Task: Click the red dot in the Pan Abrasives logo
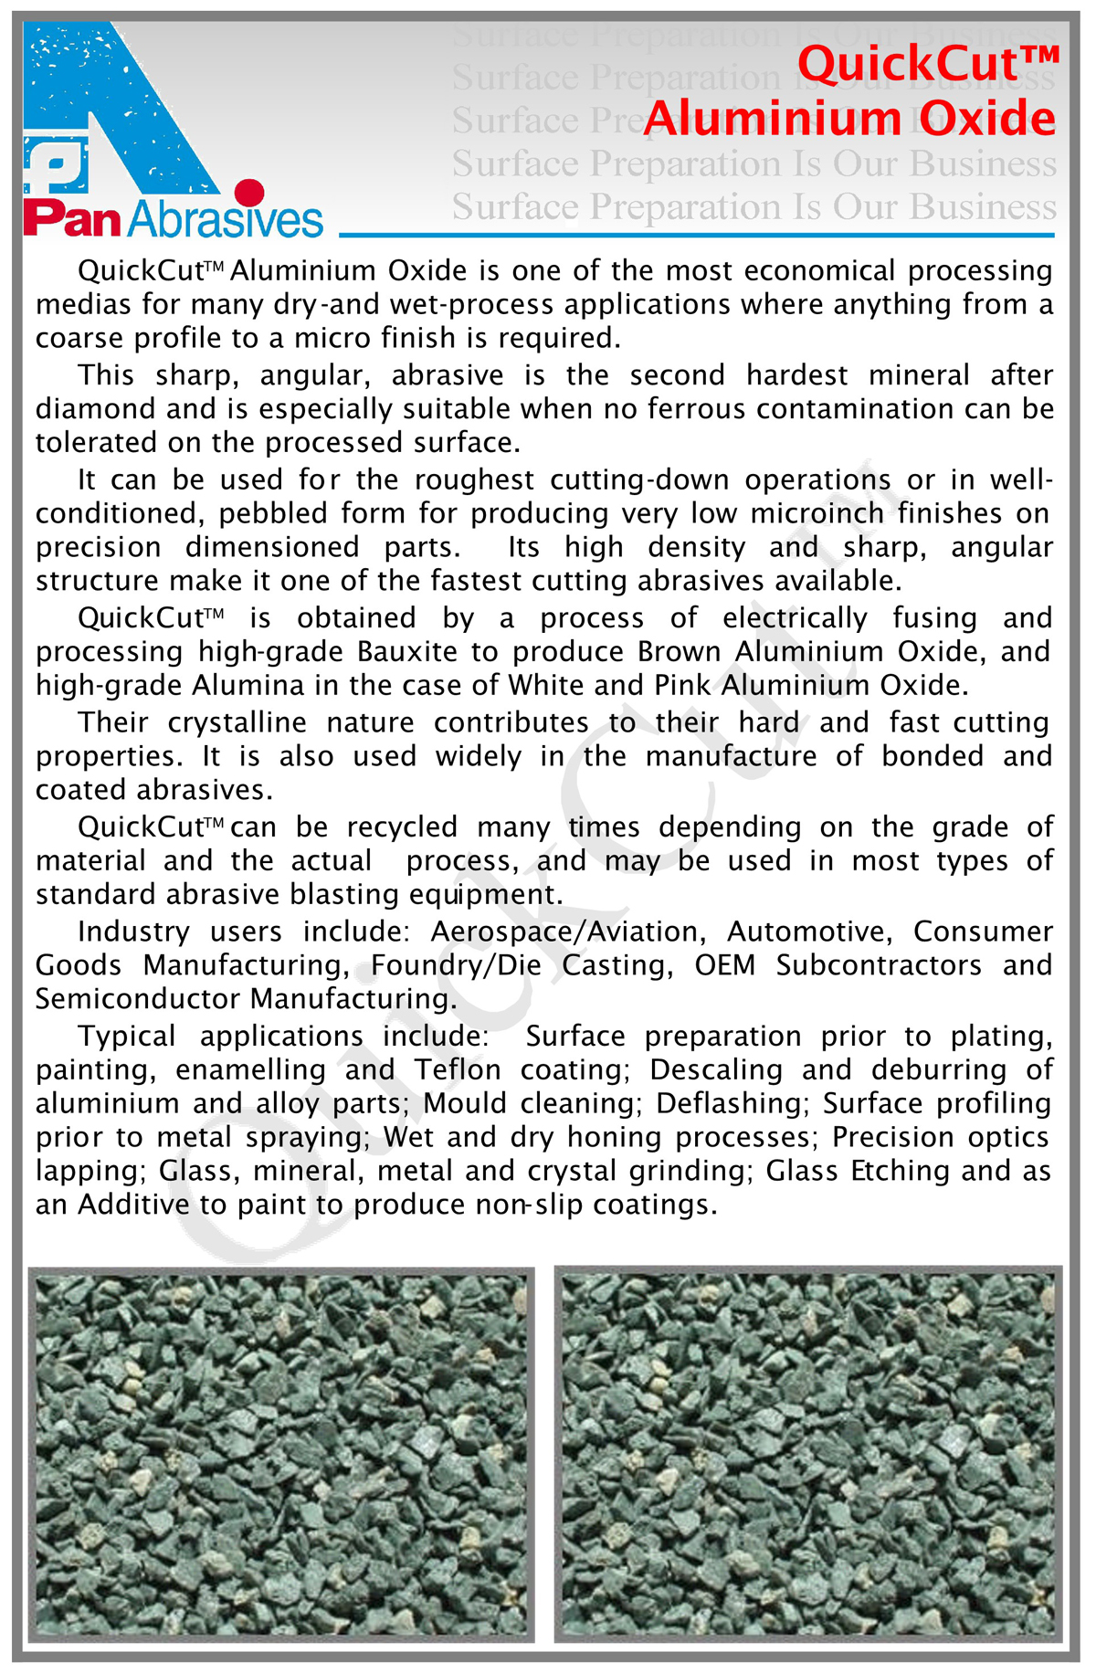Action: pos(248,192)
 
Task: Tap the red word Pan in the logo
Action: pos(72,220)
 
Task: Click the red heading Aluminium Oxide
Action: pos(849,119)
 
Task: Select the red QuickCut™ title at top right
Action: pos(928,64)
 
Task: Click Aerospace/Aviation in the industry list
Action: pos(567,932)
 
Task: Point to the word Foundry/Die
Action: pos(456,965)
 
